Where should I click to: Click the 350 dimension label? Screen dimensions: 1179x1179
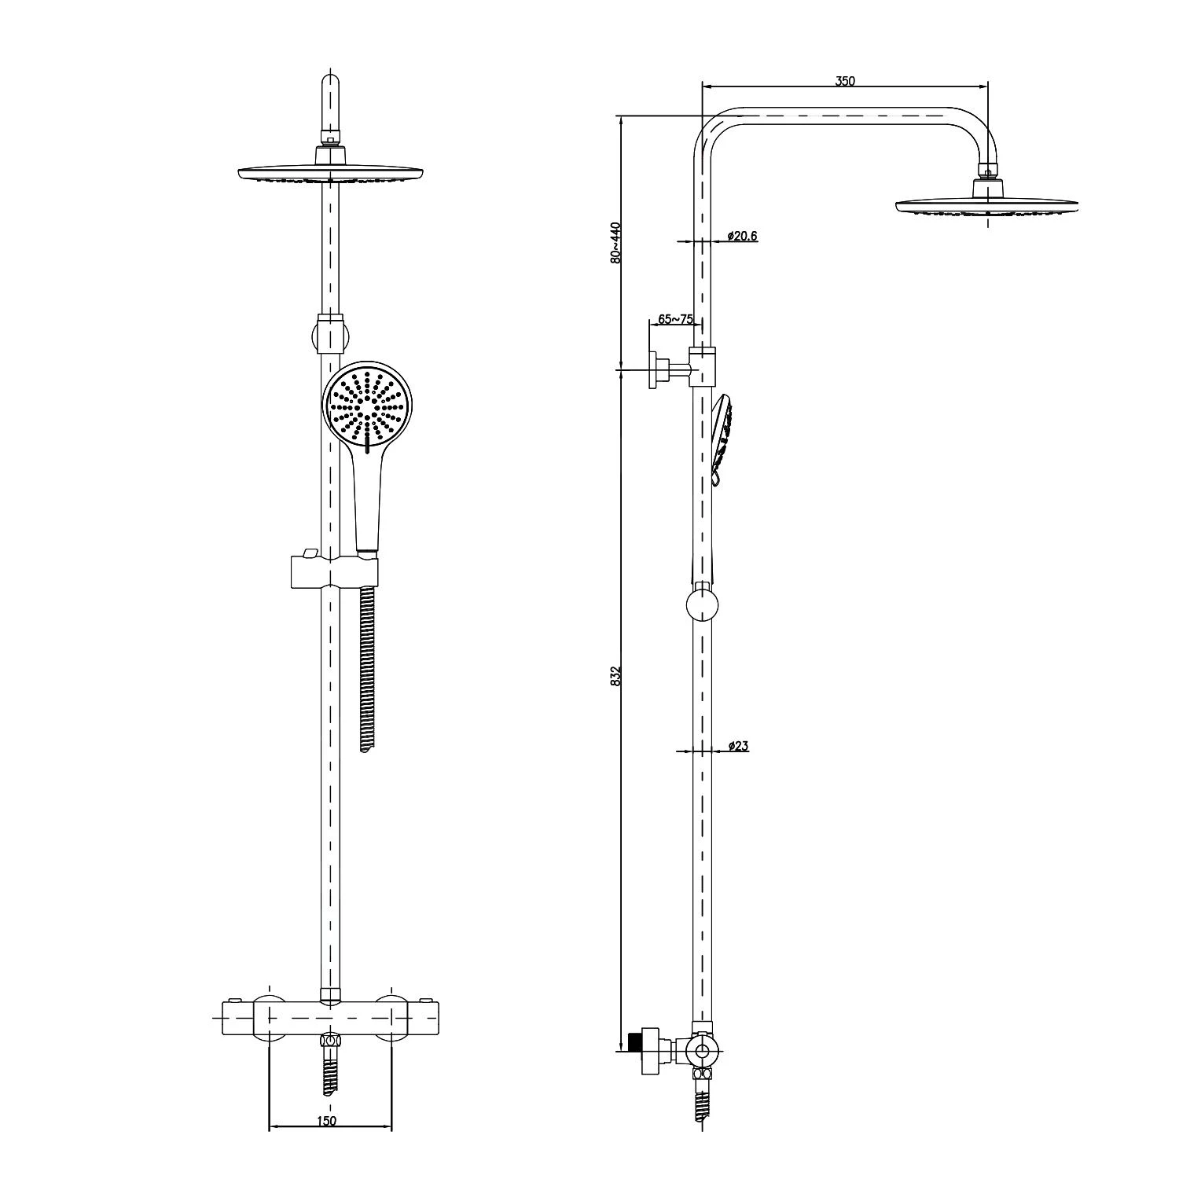pos(845,80)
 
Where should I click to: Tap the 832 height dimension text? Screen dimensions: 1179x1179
pos(617,676)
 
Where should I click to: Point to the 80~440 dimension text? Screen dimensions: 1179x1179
pos(617,242)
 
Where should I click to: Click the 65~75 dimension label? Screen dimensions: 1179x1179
pos(675,319)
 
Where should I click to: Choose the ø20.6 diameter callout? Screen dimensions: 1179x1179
pos(742,236)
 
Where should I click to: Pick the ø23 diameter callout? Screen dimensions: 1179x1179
pos(737,746)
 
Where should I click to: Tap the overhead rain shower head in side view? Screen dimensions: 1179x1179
pos(986,206)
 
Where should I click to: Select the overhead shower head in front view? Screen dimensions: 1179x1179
pos(330,173)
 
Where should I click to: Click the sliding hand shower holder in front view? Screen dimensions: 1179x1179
pos(334,571)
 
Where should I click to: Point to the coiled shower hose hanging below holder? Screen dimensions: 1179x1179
pos(366,668)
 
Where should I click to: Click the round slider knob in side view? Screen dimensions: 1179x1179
pos(702,605)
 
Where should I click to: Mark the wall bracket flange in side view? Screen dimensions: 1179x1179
pos(653,367)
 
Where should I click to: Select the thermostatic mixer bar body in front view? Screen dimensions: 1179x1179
pos(330,1018)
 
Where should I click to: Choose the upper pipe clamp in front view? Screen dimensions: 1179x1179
pos(330,334)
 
